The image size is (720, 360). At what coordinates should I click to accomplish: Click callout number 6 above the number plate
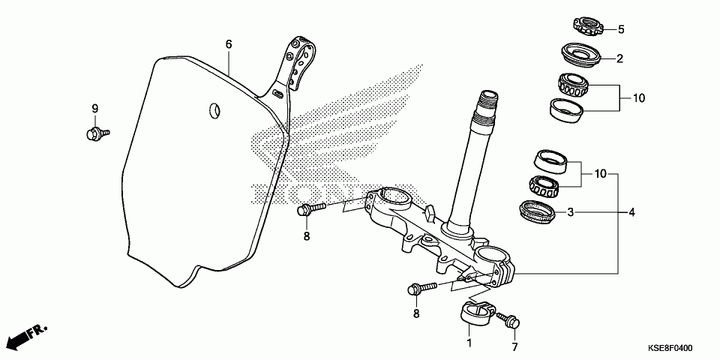pos(229,44)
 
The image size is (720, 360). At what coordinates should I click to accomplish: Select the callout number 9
pos(95,109)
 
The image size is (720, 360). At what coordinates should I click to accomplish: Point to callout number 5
pos(621,30)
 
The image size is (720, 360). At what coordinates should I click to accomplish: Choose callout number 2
pos(621,58)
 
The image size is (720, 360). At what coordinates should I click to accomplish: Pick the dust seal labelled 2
pos(581,54)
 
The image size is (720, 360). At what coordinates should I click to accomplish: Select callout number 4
pos(631,213)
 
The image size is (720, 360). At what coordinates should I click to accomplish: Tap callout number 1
pos(469,343)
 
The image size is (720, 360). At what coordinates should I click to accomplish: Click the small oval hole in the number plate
pos(213,109)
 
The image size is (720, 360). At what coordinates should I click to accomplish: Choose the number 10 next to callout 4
pos(600,174)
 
